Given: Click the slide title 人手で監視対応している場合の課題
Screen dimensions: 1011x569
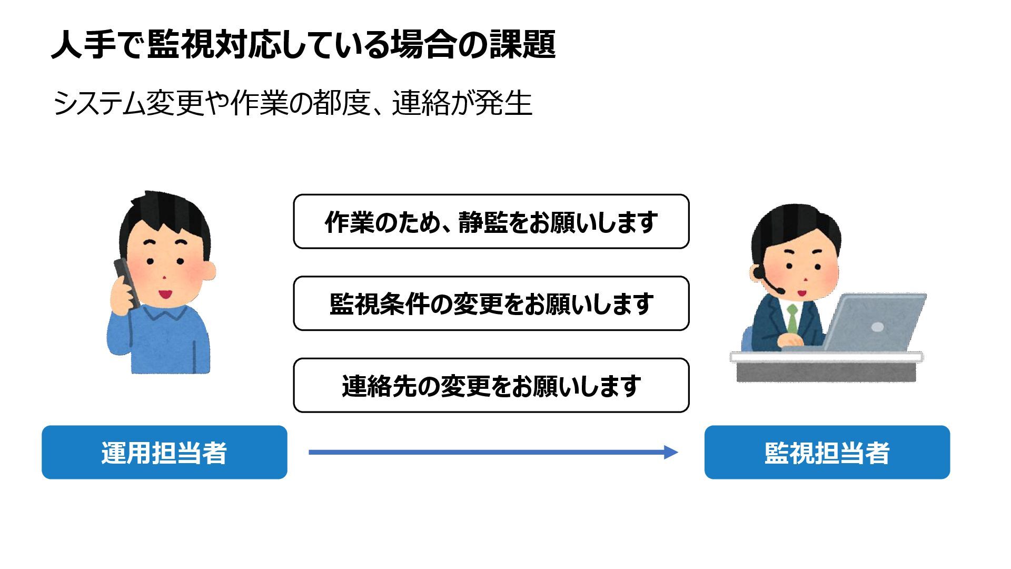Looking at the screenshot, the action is point(303,44).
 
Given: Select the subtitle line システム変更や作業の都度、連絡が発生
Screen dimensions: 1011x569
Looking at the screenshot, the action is point(292,103).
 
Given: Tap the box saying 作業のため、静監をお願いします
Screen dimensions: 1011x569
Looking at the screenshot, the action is point(491,221).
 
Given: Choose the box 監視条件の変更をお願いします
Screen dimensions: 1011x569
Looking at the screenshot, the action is point(491,303).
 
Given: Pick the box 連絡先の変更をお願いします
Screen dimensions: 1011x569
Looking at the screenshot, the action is point(491,385).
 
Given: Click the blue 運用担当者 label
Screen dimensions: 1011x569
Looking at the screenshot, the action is point(164,452).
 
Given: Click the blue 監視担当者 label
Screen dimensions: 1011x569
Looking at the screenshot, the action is point(827,452).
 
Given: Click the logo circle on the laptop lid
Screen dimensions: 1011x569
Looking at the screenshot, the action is point(877,327).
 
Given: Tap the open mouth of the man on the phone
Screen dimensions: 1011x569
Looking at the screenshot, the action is point(165,293).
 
